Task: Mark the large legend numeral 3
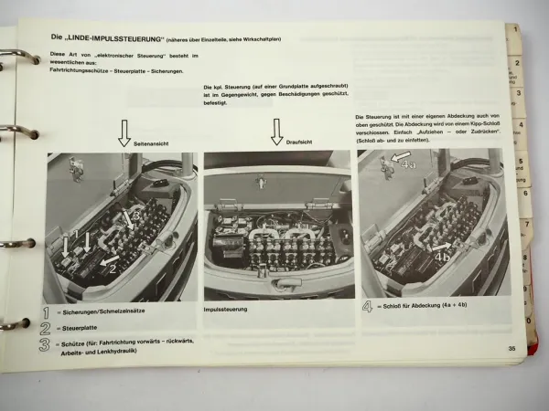tap(47, 344)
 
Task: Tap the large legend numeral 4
tap(368, 308)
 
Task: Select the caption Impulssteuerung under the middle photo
tap(230, 310)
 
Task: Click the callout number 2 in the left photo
tap(112, 269)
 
